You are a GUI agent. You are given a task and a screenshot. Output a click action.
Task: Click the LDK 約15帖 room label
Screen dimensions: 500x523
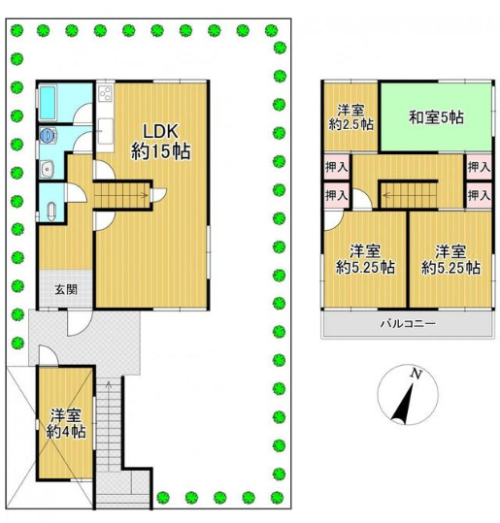click(160, 142)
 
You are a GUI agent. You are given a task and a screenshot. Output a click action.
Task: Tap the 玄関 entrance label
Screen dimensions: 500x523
click(66, 289)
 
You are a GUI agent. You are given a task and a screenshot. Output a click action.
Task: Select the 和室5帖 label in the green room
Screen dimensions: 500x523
click(436, 117)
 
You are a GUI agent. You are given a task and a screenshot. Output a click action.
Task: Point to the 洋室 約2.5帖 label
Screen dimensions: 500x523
click(351, 117)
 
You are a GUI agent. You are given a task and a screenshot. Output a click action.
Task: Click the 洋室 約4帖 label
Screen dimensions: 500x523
click(66, 424)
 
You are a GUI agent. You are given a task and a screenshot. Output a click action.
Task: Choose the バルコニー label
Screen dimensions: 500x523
click(409, 323)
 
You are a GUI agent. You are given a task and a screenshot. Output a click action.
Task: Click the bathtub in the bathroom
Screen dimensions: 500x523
click(47, 103)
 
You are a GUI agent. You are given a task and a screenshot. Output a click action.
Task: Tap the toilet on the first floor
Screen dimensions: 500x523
click(51, 212)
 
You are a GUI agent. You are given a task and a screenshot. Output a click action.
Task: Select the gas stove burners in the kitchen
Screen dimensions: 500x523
click(106, 92)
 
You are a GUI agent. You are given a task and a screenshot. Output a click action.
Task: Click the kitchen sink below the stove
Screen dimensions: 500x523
click(106, 130)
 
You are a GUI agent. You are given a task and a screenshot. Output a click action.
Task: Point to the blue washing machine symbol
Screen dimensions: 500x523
click(47, 135)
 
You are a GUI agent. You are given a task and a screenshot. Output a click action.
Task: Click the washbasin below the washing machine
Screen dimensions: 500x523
click(48, 169)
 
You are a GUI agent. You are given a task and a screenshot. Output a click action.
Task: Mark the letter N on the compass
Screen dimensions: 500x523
click(416, 374)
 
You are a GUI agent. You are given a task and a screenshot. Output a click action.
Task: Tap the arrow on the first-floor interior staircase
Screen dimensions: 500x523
click(120, 195)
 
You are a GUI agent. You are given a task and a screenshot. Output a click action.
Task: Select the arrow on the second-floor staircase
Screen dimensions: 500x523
click(409, 195)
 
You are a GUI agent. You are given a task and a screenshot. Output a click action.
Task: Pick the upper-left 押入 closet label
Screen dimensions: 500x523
click(337, 167)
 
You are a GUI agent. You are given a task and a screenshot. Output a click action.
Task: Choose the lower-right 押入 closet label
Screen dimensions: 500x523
click(479, 195)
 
